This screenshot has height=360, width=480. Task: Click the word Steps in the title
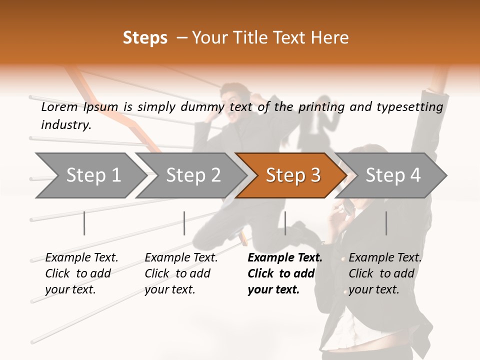(145, 38)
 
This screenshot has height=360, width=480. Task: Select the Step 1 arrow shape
(92, 175)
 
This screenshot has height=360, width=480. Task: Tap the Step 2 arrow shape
(192, 175)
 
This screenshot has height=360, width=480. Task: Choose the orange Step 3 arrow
(292, 175)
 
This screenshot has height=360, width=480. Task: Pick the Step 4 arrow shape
(392, 175)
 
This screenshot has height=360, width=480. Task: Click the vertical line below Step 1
(84, 223)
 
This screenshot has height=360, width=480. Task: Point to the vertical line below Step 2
(184, 223)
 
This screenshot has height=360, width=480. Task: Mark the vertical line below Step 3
(285, 223)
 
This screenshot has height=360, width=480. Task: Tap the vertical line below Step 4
(386, 223)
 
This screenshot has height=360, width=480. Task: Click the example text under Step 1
(81, 273)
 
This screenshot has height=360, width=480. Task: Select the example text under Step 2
(181, 273)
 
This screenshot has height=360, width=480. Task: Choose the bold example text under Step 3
(284, 273)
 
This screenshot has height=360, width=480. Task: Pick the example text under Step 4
(385, 273)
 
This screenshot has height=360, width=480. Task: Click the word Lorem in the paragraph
(59, 107)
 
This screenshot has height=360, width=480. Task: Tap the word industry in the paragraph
(66, 125)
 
